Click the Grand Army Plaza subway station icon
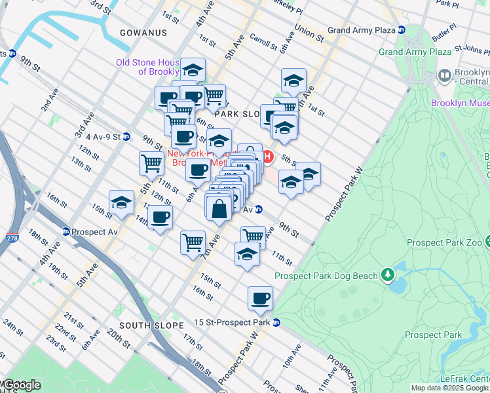[x=402, y=30]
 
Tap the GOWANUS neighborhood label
[x=143, y=32]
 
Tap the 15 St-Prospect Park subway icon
[x=276, y=322]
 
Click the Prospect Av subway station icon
[x=66, y=231]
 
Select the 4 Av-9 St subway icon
[x=126, y=137]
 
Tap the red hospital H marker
[x=268, y=157]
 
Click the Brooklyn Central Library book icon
[x=445, y=77]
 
